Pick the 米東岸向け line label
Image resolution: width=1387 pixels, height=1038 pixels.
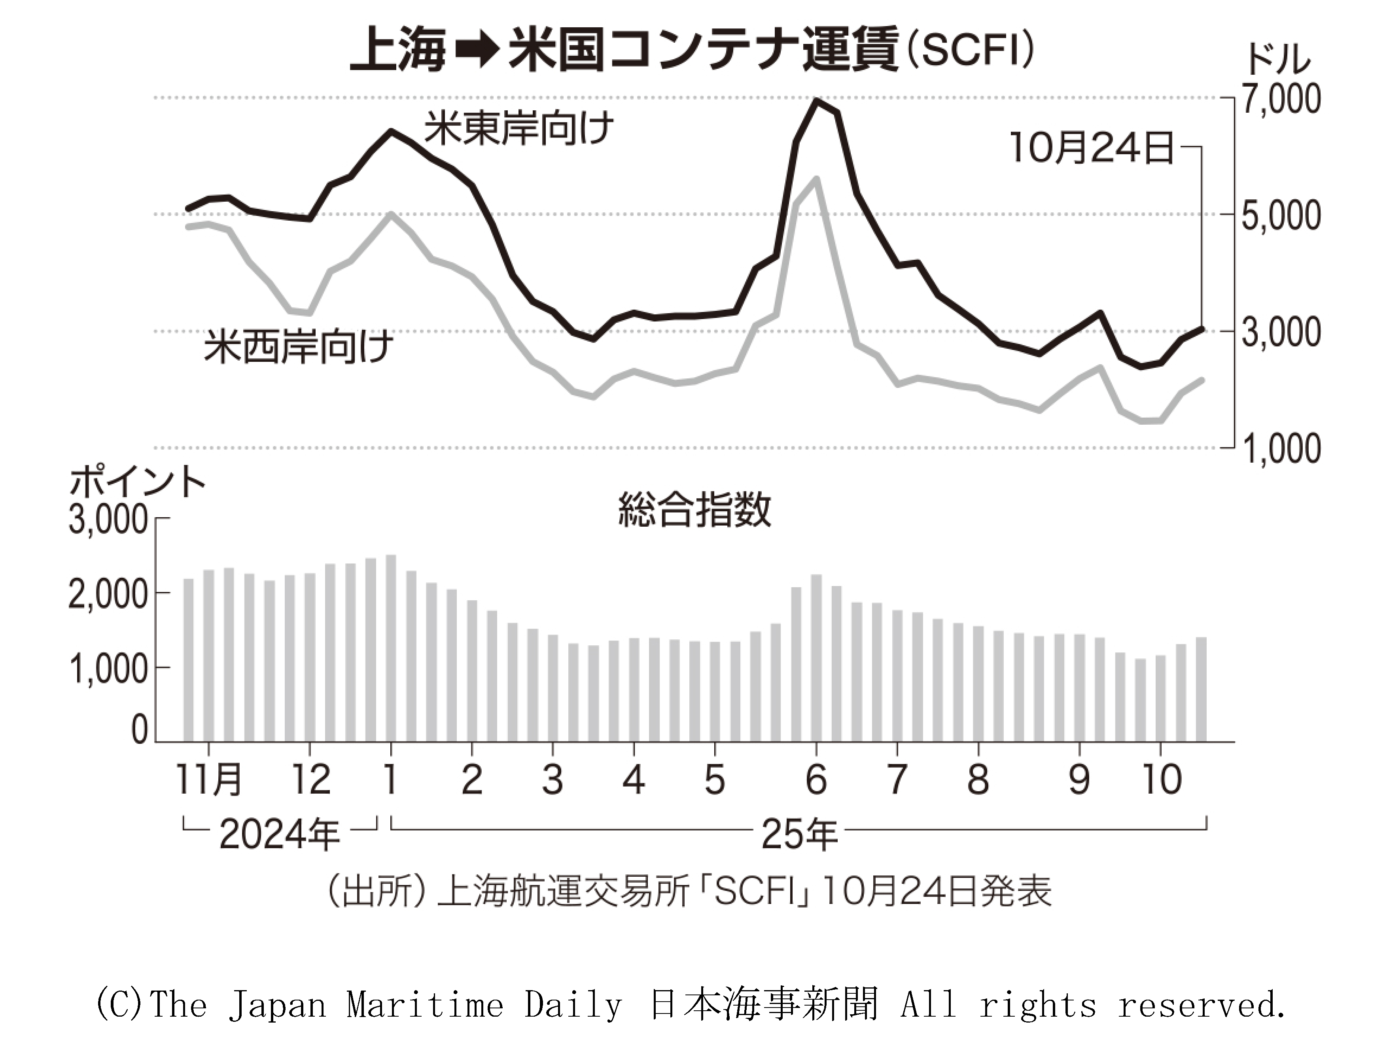518,129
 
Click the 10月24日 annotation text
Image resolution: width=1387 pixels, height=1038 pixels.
1092,149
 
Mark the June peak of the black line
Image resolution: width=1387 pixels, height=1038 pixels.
816,100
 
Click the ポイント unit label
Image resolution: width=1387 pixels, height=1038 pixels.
137,483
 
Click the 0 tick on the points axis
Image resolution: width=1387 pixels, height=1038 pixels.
139,730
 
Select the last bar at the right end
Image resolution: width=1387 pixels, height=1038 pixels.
1201,690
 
